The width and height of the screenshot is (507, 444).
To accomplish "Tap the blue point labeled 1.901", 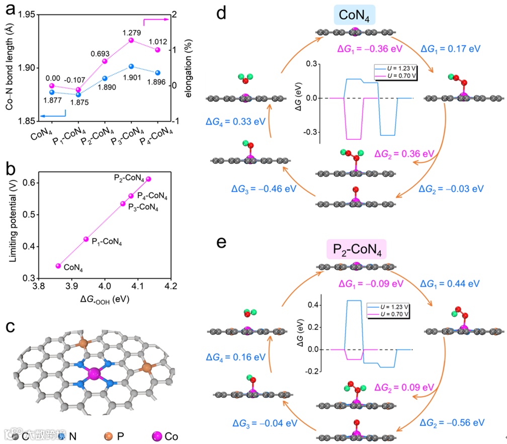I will [x=131, y=66].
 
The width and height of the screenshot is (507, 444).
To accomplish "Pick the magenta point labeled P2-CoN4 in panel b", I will [x=148, y=179].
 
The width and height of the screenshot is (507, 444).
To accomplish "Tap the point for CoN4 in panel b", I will [x=58, y=265].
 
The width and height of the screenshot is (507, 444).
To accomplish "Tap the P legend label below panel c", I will [x=121, y=436].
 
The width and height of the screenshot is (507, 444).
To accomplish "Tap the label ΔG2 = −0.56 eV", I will [x=452, y=422].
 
